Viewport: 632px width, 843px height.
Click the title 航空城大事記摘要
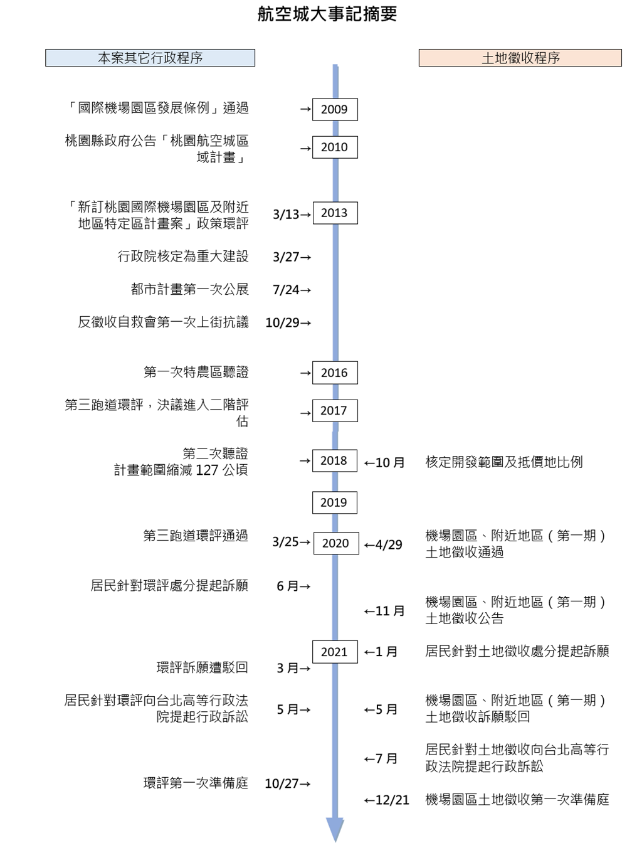(327, 14)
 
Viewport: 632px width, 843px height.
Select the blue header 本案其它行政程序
(150, 58)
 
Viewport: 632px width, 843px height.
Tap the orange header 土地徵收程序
(520, 58)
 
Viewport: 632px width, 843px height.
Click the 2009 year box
(335, 110)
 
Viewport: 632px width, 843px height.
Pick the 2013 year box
(335, 213)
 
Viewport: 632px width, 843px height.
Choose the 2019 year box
(334, 502)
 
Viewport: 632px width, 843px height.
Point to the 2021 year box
(335, 652)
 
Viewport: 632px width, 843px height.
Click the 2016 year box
(335, 373)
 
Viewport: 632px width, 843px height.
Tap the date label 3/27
(286, 257)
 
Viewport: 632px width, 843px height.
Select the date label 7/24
(286, 290)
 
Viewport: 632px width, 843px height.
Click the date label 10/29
(282, 322)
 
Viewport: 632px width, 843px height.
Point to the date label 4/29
(389, 544)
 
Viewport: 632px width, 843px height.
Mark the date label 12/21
(392, 800)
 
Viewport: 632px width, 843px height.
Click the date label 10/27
(282, 783)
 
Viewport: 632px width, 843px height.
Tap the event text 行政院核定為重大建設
(183, 256)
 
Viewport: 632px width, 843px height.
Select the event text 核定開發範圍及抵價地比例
(504, 462)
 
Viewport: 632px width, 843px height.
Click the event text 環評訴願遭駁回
(203, 667)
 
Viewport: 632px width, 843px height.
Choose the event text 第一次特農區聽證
(196, 372)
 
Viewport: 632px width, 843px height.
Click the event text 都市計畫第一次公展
(189, 289)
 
